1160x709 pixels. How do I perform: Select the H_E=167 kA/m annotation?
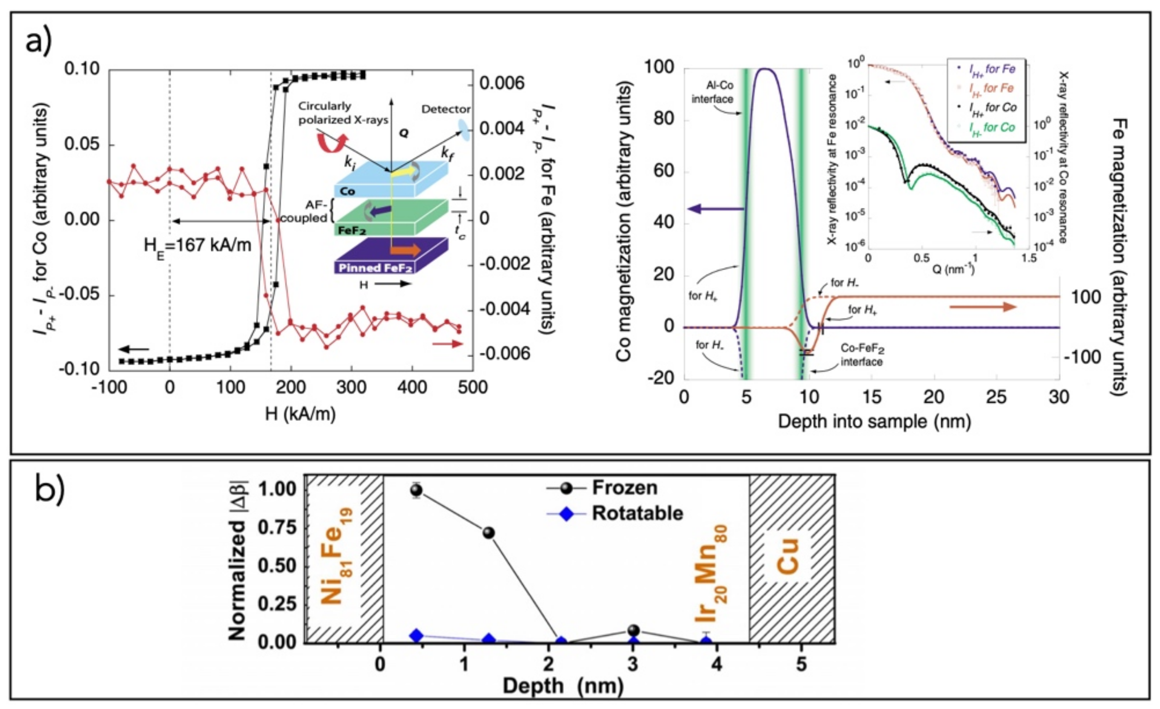click(x=197, y=245)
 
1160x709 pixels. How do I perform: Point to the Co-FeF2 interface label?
click(x=862, y=356)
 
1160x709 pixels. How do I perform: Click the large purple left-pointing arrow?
click(x=715, y=209)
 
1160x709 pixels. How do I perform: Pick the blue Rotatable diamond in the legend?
click(x=567, y=513)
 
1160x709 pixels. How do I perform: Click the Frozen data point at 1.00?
click(x=416, y=490)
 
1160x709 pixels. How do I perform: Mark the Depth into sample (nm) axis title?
click(x=874, y=421)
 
